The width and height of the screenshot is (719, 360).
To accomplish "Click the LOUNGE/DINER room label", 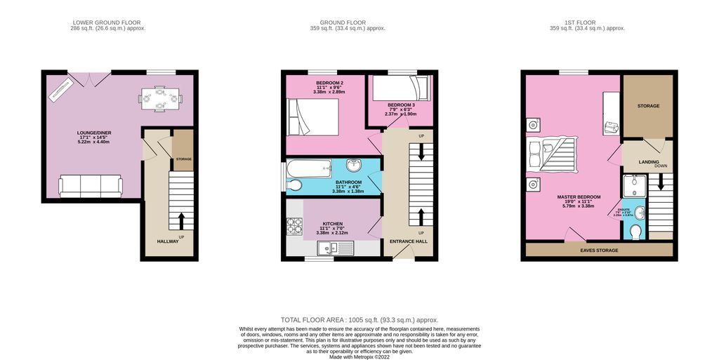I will [x=91, y=132].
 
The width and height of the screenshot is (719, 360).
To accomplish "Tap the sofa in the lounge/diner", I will [x=91, y=185].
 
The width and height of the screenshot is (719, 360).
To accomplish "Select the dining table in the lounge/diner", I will [x=160, y=98].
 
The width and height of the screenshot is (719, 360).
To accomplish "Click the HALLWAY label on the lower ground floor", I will [x=168, y=241].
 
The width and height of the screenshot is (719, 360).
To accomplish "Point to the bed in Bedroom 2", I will [x=313, y=116].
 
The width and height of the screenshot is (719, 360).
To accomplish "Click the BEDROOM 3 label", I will [x=401, y=105].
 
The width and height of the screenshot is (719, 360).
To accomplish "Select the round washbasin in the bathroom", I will [x=355, y=166].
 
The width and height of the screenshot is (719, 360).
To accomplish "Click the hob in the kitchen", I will [x=292, y=227].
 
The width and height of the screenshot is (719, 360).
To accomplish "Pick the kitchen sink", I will [x=328, y=247].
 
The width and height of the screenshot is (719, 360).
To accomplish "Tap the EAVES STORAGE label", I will [x=598, y=250].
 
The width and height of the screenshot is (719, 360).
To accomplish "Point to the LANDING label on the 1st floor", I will [x=648, y=162].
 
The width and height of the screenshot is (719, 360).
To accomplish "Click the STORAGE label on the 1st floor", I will [x=648, y=106].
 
